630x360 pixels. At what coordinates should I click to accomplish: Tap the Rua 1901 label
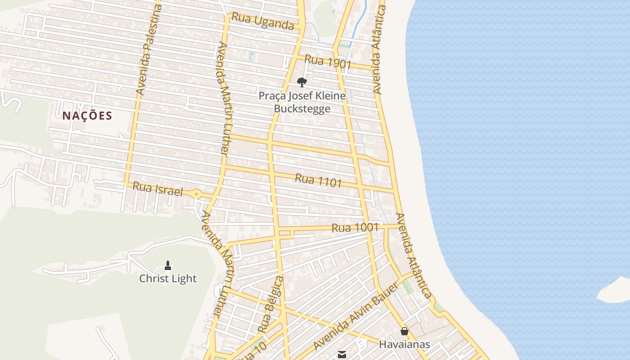pyautogui.click(x=328, y=62)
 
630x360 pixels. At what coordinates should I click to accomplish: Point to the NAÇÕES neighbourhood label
pyautogui.click(x=87, y=116)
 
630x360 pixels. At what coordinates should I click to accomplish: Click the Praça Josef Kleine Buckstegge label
pyautogui.click(x=302, y=102)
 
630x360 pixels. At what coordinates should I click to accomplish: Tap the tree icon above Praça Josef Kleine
pyautogui.click(x=302, y=82)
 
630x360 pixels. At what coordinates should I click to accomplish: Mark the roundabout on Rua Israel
pyautogui.click(x=197, y=194)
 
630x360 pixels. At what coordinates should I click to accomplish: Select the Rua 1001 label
pyautogui.click(x=355, y=227)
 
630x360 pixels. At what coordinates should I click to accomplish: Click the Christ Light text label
pyautogui.click(x=168, y=279)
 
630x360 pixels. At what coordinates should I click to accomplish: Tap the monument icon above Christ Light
pyautogui.click(x=168, y=265)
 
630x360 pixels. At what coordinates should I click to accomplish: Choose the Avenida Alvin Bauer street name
pyautogui.click(x=355, y=317)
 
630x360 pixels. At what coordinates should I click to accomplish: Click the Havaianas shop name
pyautogui.click(x=404, y=345)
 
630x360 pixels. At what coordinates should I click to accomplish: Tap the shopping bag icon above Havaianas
pyautogui.click(x=405, y=332)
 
